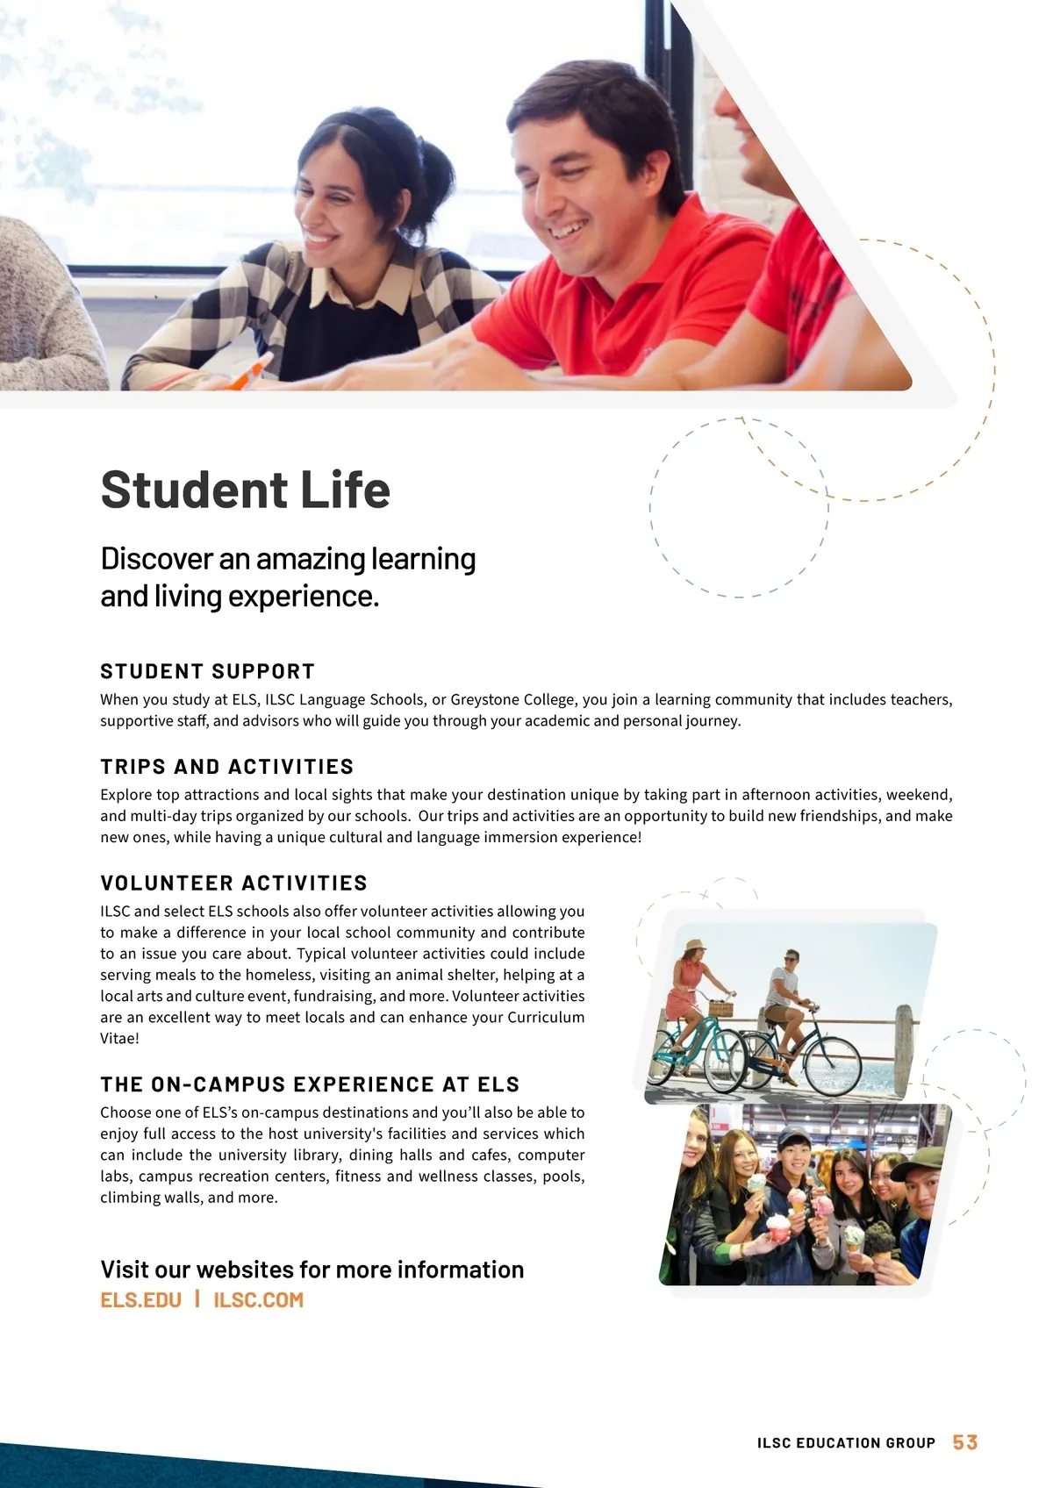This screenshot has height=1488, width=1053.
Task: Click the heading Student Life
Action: [245, 490]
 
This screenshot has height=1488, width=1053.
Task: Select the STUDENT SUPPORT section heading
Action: [207, 672]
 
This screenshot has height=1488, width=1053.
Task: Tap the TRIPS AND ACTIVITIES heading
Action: [226, 767]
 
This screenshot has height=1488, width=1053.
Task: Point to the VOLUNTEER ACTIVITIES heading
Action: [233, 883]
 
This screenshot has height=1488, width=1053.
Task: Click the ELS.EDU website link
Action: [140, 1300]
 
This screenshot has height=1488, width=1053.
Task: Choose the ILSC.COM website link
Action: [258, 1300]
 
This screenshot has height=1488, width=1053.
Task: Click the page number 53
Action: [965, 1442]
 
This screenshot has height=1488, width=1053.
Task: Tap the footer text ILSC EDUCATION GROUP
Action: [846, 1443]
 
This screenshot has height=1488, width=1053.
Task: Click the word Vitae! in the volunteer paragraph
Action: [119, 1039]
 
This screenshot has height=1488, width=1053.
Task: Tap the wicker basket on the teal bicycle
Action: [720, 1007]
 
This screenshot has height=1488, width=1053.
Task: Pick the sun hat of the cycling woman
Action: [693, 947]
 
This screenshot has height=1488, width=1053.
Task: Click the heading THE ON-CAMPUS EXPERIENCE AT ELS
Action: [310, 1085]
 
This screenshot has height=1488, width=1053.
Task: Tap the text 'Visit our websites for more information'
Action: [312, 1270]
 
